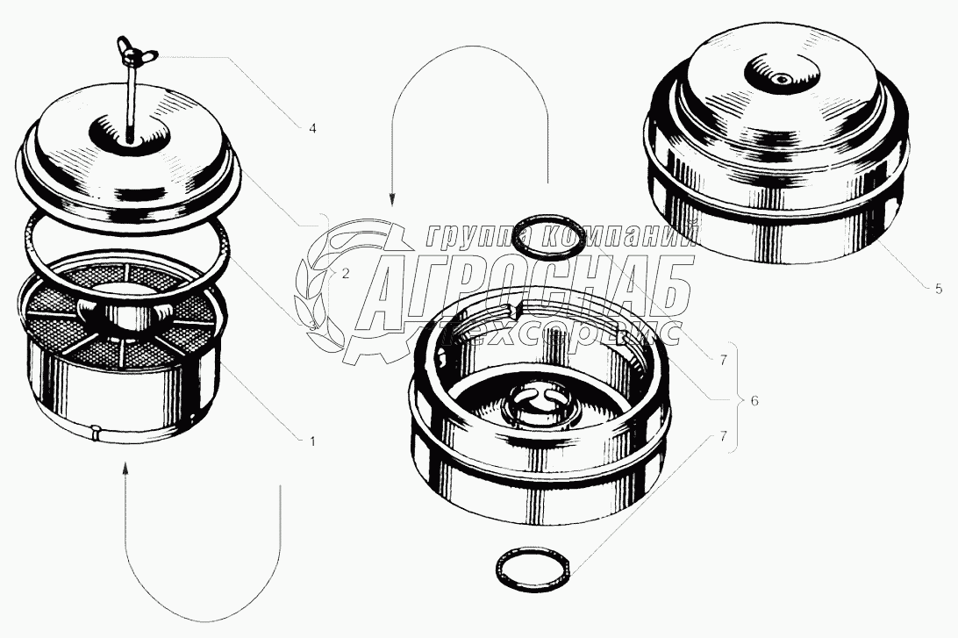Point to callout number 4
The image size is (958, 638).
click(x=312, y=128)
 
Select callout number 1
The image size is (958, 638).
click(x=312, y=440)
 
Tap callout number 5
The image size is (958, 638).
click(x=939, y=290)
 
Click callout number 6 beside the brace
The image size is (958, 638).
click(x=754, y=401)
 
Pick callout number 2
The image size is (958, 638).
click(x=345, y=274)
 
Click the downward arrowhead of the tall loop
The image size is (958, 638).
click(x=391, y=199)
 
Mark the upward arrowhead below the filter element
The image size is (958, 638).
click(x=125, y=468)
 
